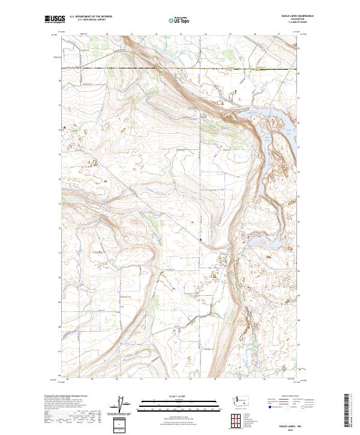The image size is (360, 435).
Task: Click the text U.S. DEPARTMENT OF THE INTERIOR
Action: (91, 17)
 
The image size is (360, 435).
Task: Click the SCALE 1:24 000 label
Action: (179, 397)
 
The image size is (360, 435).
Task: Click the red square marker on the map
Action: (200, 241)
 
